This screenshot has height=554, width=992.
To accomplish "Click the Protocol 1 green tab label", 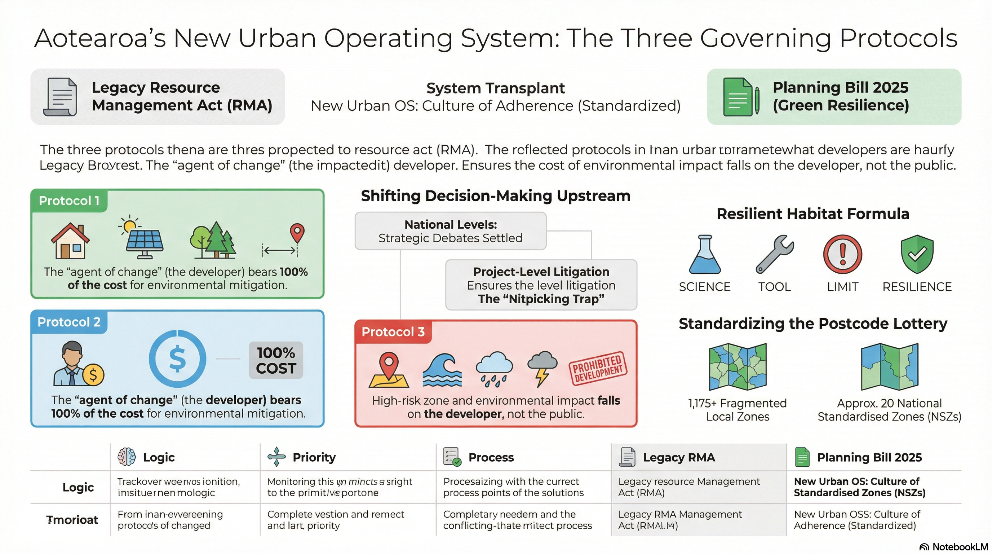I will (x=69, y=201).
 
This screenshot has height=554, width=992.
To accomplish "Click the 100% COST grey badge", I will (x=276, y=360).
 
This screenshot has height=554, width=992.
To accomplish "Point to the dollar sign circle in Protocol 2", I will (x=177, y=359).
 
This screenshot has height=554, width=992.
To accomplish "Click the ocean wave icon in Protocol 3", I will (x=442, y=370).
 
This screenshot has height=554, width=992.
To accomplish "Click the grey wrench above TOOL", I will (x=774, y=254).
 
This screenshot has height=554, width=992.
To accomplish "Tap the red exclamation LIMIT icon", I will (x=842, y=254).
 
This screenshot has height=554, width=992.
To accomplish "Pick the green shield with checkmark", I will (x=917, y=254).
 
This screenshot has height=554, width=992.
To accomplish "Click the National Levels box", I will (x=451, y=231).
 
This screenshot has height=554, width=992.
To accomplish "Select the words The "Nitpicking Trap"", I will (x=541, y=299).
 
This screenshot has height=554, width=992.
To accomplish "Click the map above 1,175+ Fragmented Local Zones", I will (x=738, y=366).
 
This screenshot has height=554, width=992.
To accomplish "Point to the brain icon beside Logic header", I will (x=127, y=457).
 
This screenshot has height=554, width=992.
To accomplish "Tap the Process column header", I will (x=491, y=457).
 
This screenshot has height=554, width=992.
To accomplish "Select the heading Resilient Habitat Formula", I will (x=812, y=214).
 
